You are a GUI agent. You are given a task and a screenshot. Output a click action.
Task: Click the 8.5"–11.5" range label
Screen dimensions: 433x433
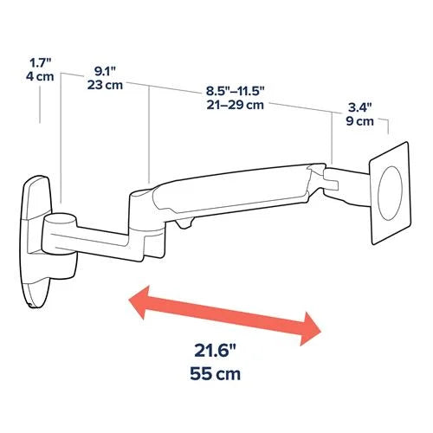[x=235, y=89]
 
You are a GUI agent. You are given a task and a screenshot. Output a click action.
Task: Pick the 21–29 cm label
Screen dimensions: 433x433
[x=235, y=105]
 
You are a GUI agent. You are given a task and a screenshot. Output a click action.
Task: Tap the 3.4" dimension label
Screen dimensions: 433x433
[x=359, y=107]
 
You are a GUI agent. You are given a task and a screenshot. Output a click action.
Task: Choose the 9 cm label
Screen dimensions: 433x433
[x=359, y=122]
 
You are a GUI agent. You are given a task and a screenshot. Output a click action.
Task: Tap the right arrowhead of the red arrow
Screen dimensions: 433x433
[x=312, y=331]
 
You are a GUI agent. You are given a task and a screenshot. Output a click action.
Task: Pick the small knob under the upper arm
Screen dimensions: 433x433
[x=184, y=224]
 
